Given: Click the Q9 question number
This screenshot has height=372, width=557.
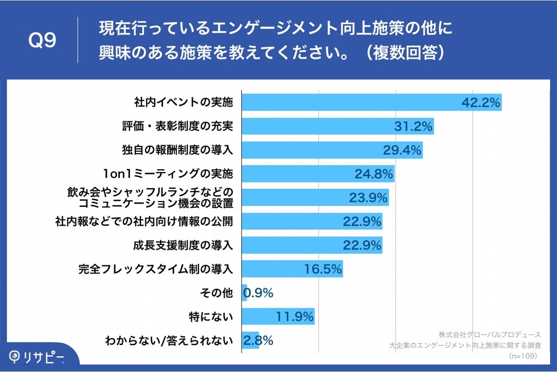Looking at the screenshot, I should tap(42, 41).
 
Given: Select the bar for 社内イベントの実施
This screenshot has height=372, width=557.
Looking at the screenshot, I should tap(352, 102).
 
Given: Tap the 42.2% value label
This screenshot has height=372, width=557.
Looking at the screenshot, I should tap(481, 103).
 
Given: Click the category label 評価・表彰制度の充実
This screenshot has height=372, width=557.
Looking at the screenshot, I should tap(177, 126).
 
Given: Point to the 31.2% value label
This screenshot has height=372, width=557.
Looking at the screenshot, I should tap(413, 126).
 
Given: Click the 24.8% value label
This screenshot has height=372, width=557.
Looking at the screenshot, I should tap(374, 174).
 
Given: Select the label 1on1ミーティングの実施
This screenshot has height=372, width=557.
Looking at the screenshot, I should tap(168, 174).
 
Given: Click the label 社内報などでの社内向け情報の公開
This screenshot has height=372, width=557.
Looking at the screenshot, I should tap(144, 222).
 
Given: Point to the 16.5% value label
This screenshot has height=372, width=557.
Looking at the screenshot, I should tap(322, 269).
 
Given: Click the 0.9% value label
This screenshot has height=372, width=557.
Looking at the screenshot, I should tap(258, 293).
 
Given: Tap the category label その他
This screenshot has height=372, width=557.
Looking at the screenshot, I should tap(217, 293).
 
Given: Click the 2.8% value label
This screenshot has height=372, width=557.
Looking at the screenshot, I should tap(258, 341).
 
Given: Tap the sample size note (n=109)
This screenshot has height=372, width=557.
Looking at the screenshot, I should tap(522, 356).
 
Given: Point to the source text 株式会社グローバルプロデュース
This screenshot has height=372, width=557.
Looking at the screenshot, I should tap(489, 335).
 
